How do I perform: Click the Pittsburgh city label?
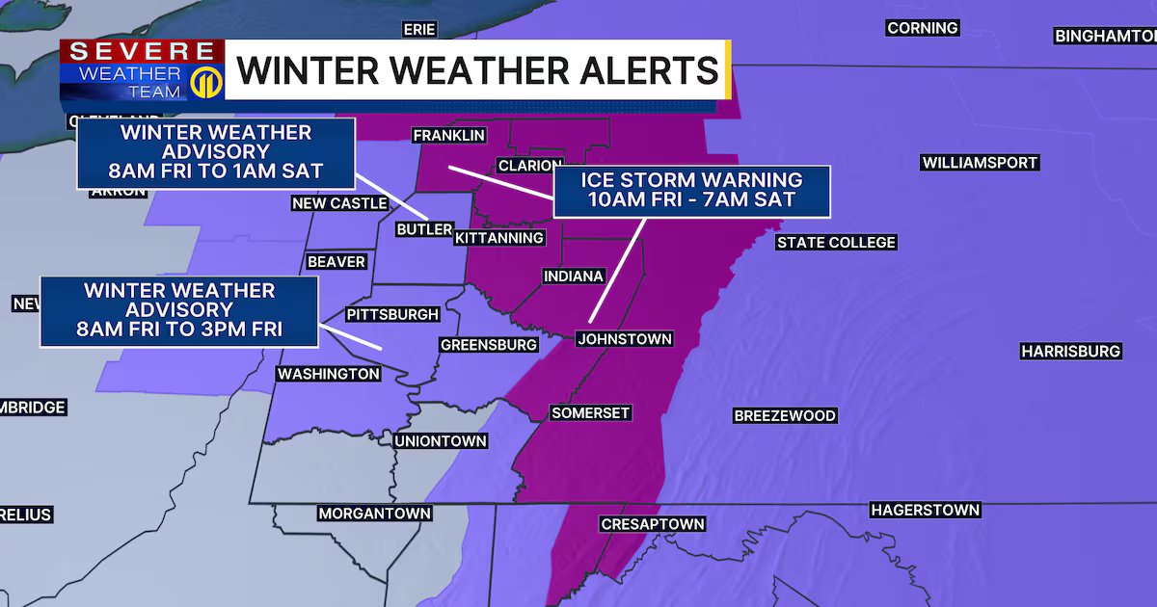pyautogui.click(x=392, y=314)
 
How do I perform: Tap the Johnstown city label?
pyautogui.click(x=624, y=339)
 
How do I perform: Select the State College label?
pyautogui.click(x=836, y=243)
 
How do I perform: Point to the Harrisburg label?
pyautogui.click(x=1070, y=352)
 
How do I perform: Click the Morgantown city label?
pyautogui.click(x=374, y=514)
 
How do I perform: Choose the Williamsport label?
pyautogui.click(x=980, y=163)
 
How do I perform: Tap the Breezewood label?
pyautogui.click(x=784, y=416)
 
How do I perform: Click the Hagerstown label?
pyautogui.click(x=925, y=510)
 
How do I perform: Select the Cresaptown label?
pyautogui.click(x=653, y=524)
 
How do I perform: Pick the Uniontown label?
pyautogui.click(x=441, y=441)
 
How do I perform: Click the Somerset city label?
pyautogui.click(x=590, y=413)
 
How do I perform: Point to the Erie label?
pyautogui.click(x=419, y=30)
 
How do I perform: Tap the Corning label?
pyautogui.click(x=922, y=28)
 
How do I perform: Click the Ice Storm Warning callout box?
pyautogui.click(x=690, y=190)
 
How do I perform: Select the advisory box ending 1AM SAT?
pyautogui.click(x=215, y=153)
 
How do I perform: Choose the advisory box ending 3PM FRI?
pyautogui.click(x=178, y=311)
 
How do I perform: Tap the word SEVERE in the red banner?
pyautogui.click(x=141, y=51)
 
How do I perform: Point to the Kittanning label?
pyautogui.click(x=499, y=237)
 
